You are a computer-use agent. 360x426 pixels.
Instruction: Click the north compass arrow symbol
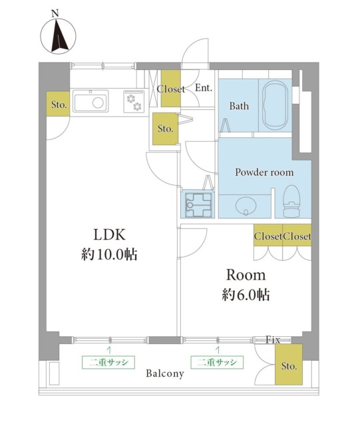coord(57,36)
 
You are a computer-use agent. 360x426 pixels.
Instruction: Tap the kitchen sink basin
coord(90,103)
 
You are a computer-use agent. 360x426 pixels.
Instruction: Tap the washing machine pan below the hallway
coord(198,203)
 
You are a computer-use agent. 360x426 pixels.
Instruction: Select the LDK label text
coord(109,234)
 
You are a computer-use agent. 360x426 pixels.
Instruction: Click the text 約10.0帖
coord(108,254)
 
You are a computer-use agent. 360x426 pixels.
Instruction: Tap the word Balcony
coord(165,373)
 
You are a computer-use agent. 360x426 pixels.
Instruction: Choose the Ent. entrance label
coord(203,87)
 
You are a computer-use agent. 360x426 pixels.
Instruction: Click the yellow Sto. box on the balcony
coord(289,365)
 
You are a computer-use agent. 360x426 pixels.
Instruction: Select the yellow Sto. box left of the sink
coord(58,105)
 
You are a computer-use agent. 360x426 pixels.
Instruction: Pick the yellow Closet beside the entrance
coord(170,89)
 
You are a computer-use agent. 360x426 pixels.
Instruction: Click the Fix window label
coord(273,339)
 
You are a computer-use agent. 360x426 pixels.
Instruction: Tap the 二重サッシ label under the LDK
coord(108,362)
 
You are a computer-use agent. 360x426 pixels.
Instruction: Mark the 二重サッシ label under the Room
coord(217,362)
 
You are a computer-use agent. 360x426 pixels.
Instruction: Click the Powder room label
coord(264,172)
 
